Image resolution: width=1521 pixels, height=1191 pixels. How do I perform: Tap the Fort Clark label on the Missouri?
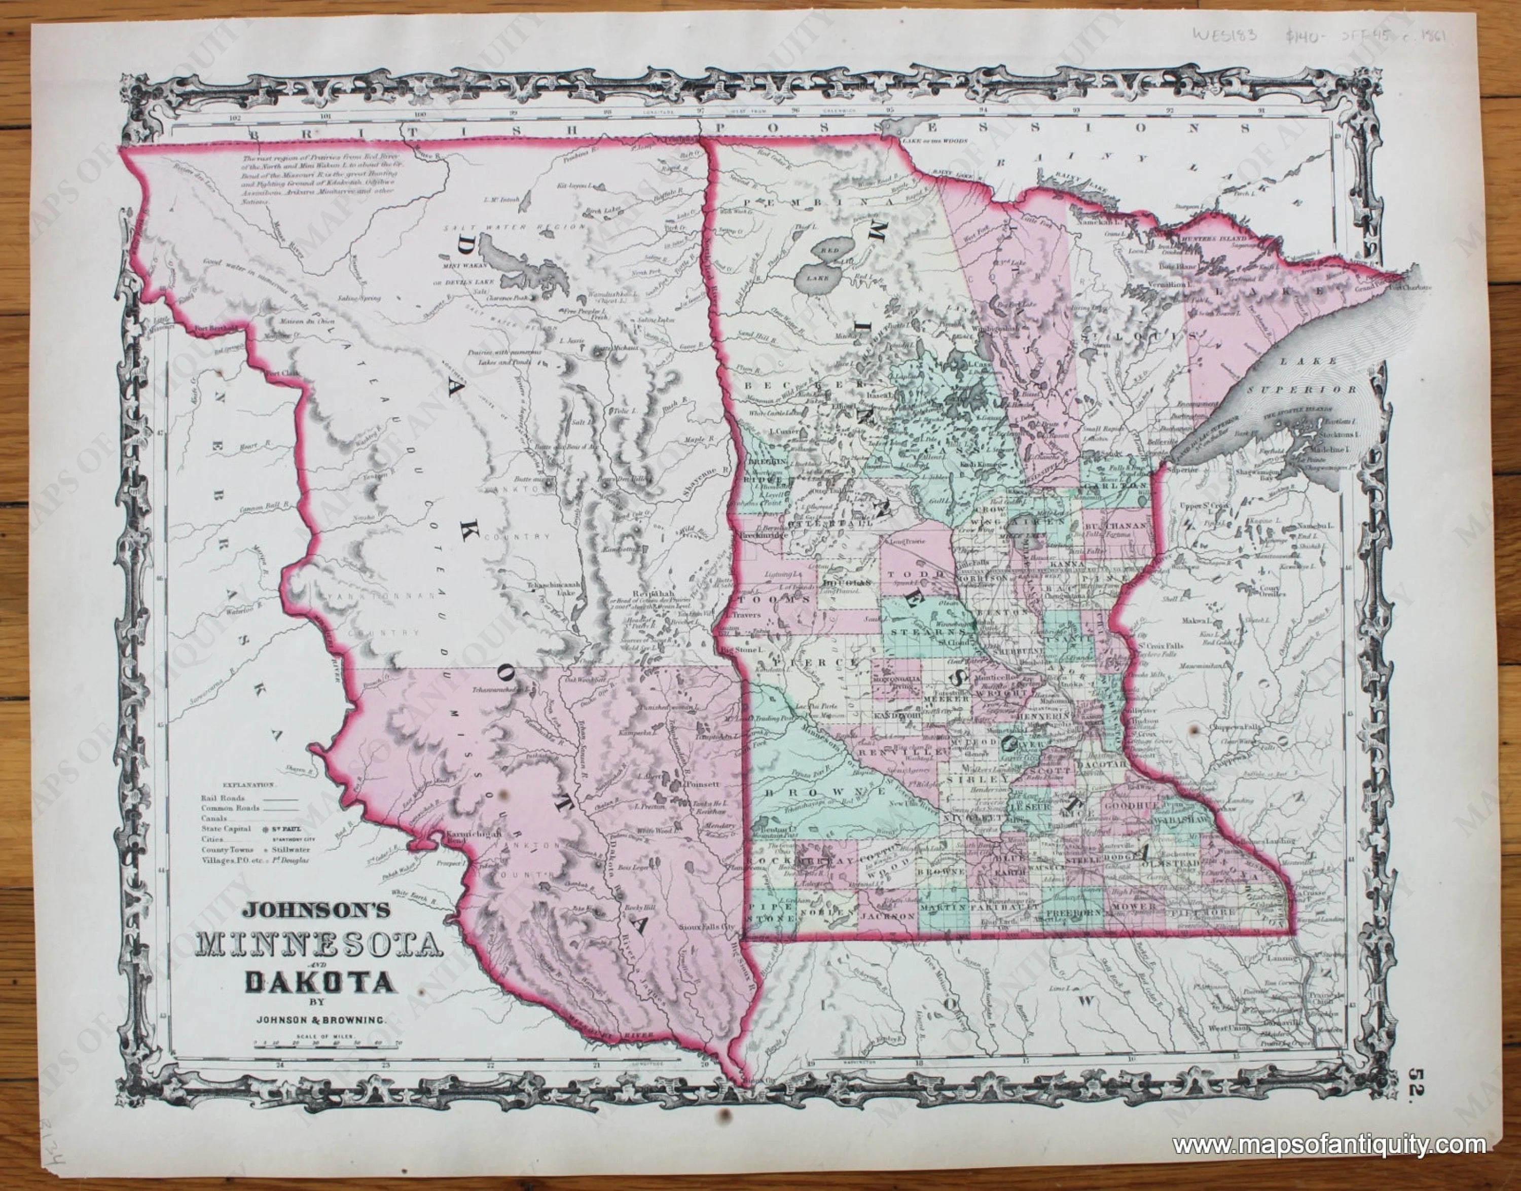pyautogui.click(x=281, y=375)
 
